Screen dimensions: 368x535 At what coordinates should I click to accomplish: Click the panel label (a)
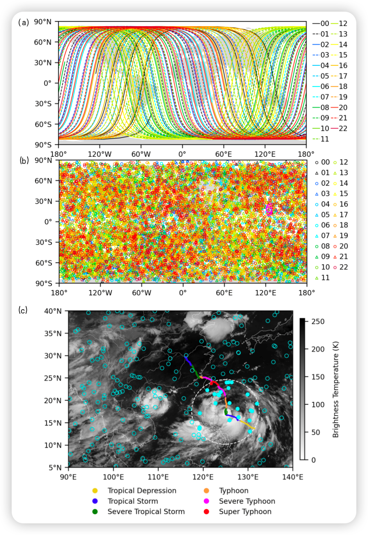pyautogui.click(x=24, y=22)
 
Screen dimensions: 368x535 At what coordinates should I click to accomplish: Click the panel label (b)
pyautogui.click(x=24, y=160)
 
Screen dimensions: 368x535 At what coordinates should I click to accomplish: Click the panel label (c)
pyautogui.click(x=23, y=310)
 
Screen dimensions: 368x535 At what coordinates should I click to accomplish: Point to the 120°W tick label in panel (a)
pyautogui.click(x=99, y=154)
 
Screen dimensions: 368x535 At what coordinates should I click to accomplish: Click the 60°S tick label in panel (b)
pyautogui.click(x=44, y=263)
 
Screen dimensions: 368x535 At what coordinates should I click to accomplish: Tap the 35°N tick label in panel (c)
pyautogui.click(x=53, y=333)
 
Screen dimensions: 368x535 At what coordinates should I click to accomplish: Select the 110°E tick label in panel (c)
pyautogui.click(x=158, y=477)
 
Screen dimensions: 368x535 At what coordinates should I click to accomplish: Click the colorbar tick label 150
pyautogui.click(x=318, y=377)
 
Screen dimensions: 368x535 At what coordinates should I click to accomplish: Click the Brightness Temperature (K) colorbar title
pyautogui.click(x=336, y=390)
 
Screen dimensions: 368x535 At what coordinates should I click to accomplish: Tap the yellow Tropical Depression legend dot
pyautogui.click(x=95, y=491)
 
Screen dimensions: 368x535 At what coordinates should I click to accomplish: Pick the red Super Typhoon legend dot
pyautogui.click(x=206, y=512)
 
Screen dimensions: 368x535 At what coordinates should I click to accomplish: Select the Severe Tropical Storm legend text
pyautogui.click(x=146, y=512)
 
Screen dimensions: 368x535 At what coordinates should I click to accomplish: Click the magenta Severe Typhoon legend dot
pyautogui.click(x=206, y=501)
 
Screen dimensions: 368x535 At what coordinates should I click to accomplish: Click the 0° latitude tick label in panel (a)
pyautogui.click(x=47, y=83)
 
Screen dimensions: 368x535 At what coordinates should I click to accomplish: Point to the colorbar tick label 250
pyautogui.click(x=318, y=321)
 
